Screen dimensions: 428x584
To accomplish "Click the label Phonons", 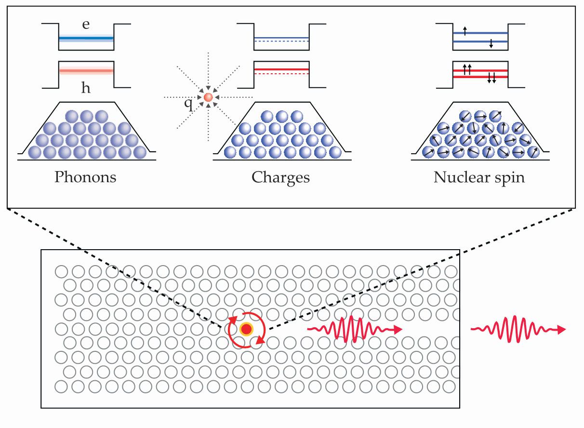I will point(85,177).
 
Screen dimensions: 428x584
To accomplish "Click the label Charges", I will point(280,177).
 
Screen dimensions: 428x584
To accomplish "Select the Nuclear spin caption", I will point(479,177).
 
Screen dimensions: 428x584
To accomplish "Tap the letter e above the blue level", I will point(86,25).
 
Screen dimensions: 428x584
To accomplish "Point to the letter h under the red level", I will point(86,88).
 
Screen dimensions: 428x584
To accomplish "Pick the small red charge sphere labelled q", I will point(208,97).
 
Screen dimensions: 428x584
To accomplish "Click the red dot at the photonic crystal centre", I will point(246,329).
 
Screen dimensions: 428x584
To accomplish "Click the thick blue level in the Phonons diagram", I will point(86,38).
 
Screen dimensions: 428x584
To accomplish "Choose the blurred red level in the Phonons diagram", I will point(86,71).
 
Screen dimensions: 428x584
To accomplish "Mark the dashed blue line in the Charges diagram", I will point(281,42).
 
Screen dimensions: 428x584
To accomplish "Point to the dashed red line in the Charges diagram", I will point(281,74).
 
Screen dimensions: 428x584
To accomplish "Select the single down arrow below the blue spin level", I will point(491,45).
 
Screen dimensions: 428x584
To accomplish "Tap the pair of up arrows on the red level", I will point(467,69).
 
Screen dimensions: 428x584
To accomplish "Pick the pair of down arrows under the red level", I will point(491,79).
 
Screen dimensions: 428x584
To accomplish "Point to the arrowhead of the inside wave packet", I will point(398,330).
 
